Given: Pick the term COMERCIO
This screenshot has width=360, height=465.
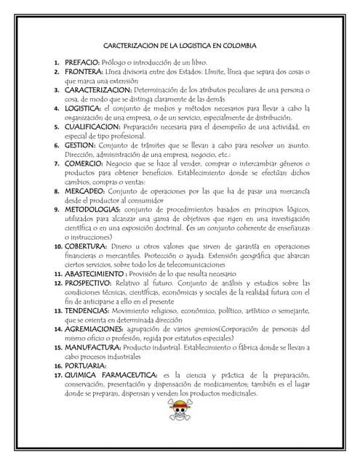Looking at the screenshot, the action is pyautogui.click(x=83, y=163).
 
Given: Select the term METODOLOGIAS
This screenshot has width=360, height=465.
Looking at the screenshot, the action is pyautogui.click(x=91, y=209).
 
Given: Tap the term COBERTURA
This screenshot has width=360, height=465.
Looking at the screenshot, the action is pyautogui.click(x=87, y=246).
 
